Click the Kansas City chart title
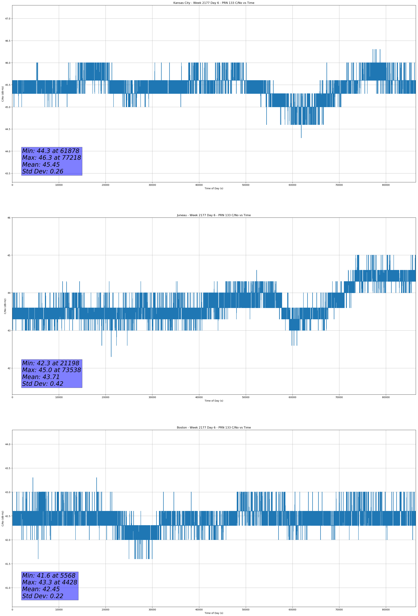point(214,3)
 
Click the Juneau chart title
point(214,215)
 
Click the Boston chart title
point(214,428)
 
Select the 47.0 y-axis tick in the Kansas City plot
point(7,19)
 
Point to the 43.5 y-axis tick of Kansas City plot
point(7,173)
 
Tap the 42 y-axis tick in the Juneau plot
point(9,368)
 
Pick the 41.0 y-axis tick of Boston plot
point(7,588)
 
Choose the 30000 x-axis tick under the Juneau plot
point(152,397)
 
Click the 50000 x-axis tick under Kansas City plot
point(246,185)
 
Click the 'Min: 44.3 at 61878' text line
point(51,151)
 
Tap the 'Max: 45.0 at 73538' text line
point(51,370)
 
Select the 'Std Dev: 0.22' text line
point(43,596)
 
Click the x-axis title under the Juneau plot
point(214,401)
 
